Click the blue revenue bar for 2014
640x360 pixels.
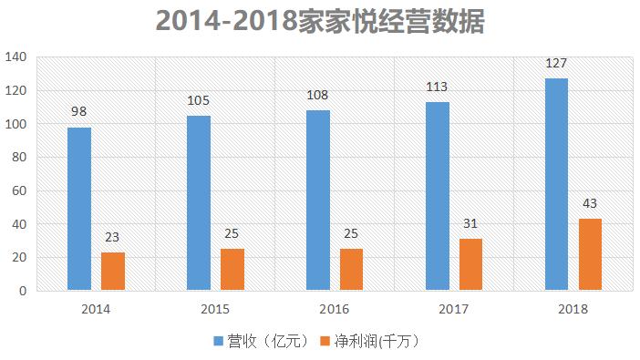[x=78, y=209]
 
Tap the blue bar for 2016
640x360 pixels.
[x=317, y=201]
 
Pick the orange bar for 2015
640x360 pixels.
[x=232, y=270]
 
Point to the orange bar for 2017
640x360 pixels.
[x=470, y=264]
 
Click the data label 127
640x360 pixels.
[x=556, y=65]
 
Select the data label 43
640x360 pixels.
[x=590, y=204]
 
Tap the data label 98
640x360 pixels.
[x=78, y=112]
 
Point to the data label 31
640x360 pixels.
[x=470, y=224]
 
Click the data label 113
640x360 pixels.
[x=438, y=87]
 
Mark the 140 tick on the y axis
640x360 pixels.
[x=18, y=57]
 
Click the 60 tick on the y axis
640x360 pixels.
[x=21, y=190]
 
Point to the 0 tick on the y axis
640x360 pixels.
[x=25, y=291]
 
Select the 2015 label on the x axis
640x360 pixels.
[x=215, y=309]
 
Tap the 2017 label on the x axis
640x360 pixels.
[x=454, y=309]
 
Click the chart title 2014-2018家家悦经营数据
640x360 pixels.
[x=320, y=21]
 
